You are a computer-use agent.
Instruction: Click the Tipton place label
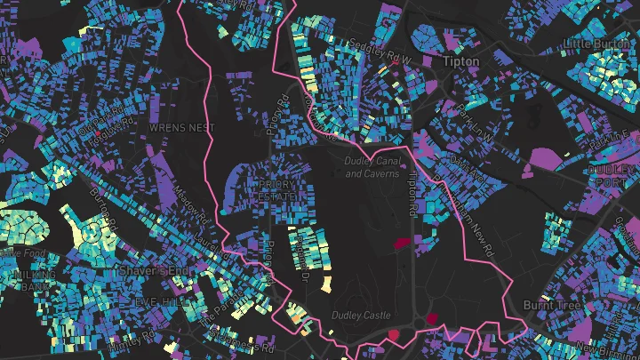coord(461,61)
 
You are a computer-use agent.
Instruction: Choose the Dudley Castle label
coord(361,315)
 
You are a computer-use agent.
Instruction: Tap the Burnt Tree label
coord(551,304)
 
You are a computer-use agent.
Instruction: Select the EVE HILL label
coord(157,302)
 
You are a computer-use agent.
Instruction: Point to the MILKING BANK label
coord(31,281)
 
